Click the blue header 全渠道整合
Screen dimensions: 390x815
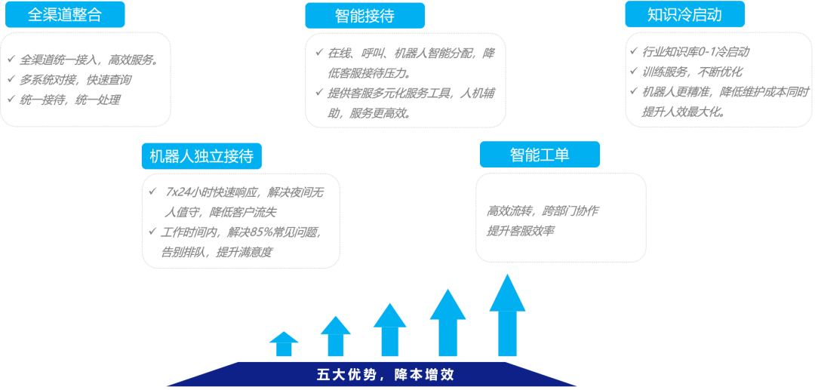point(65,15)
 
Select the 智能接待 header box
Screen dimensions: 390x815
point(364,15)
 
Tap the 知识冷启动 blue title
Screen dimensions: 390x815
point(684,14)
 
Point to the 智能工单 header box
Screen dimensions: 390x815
point(539,155)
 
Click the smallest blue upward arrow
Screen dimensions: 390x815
point(284,344)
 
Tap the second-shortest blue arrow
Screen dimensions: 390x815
point(335,336)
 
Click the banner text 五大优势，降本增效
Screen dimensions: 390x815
point(385,374)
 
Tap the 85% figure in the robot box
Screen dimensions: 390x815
point(252,232)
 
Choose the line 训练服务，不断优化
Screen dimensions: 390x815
point(692,72)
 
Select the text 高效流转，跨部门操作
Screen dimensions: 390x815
point(543,211)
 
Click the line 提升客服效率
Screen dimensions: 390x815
point(521,231)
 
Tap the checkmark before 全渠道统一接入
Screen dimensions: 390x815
point(11,59)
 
